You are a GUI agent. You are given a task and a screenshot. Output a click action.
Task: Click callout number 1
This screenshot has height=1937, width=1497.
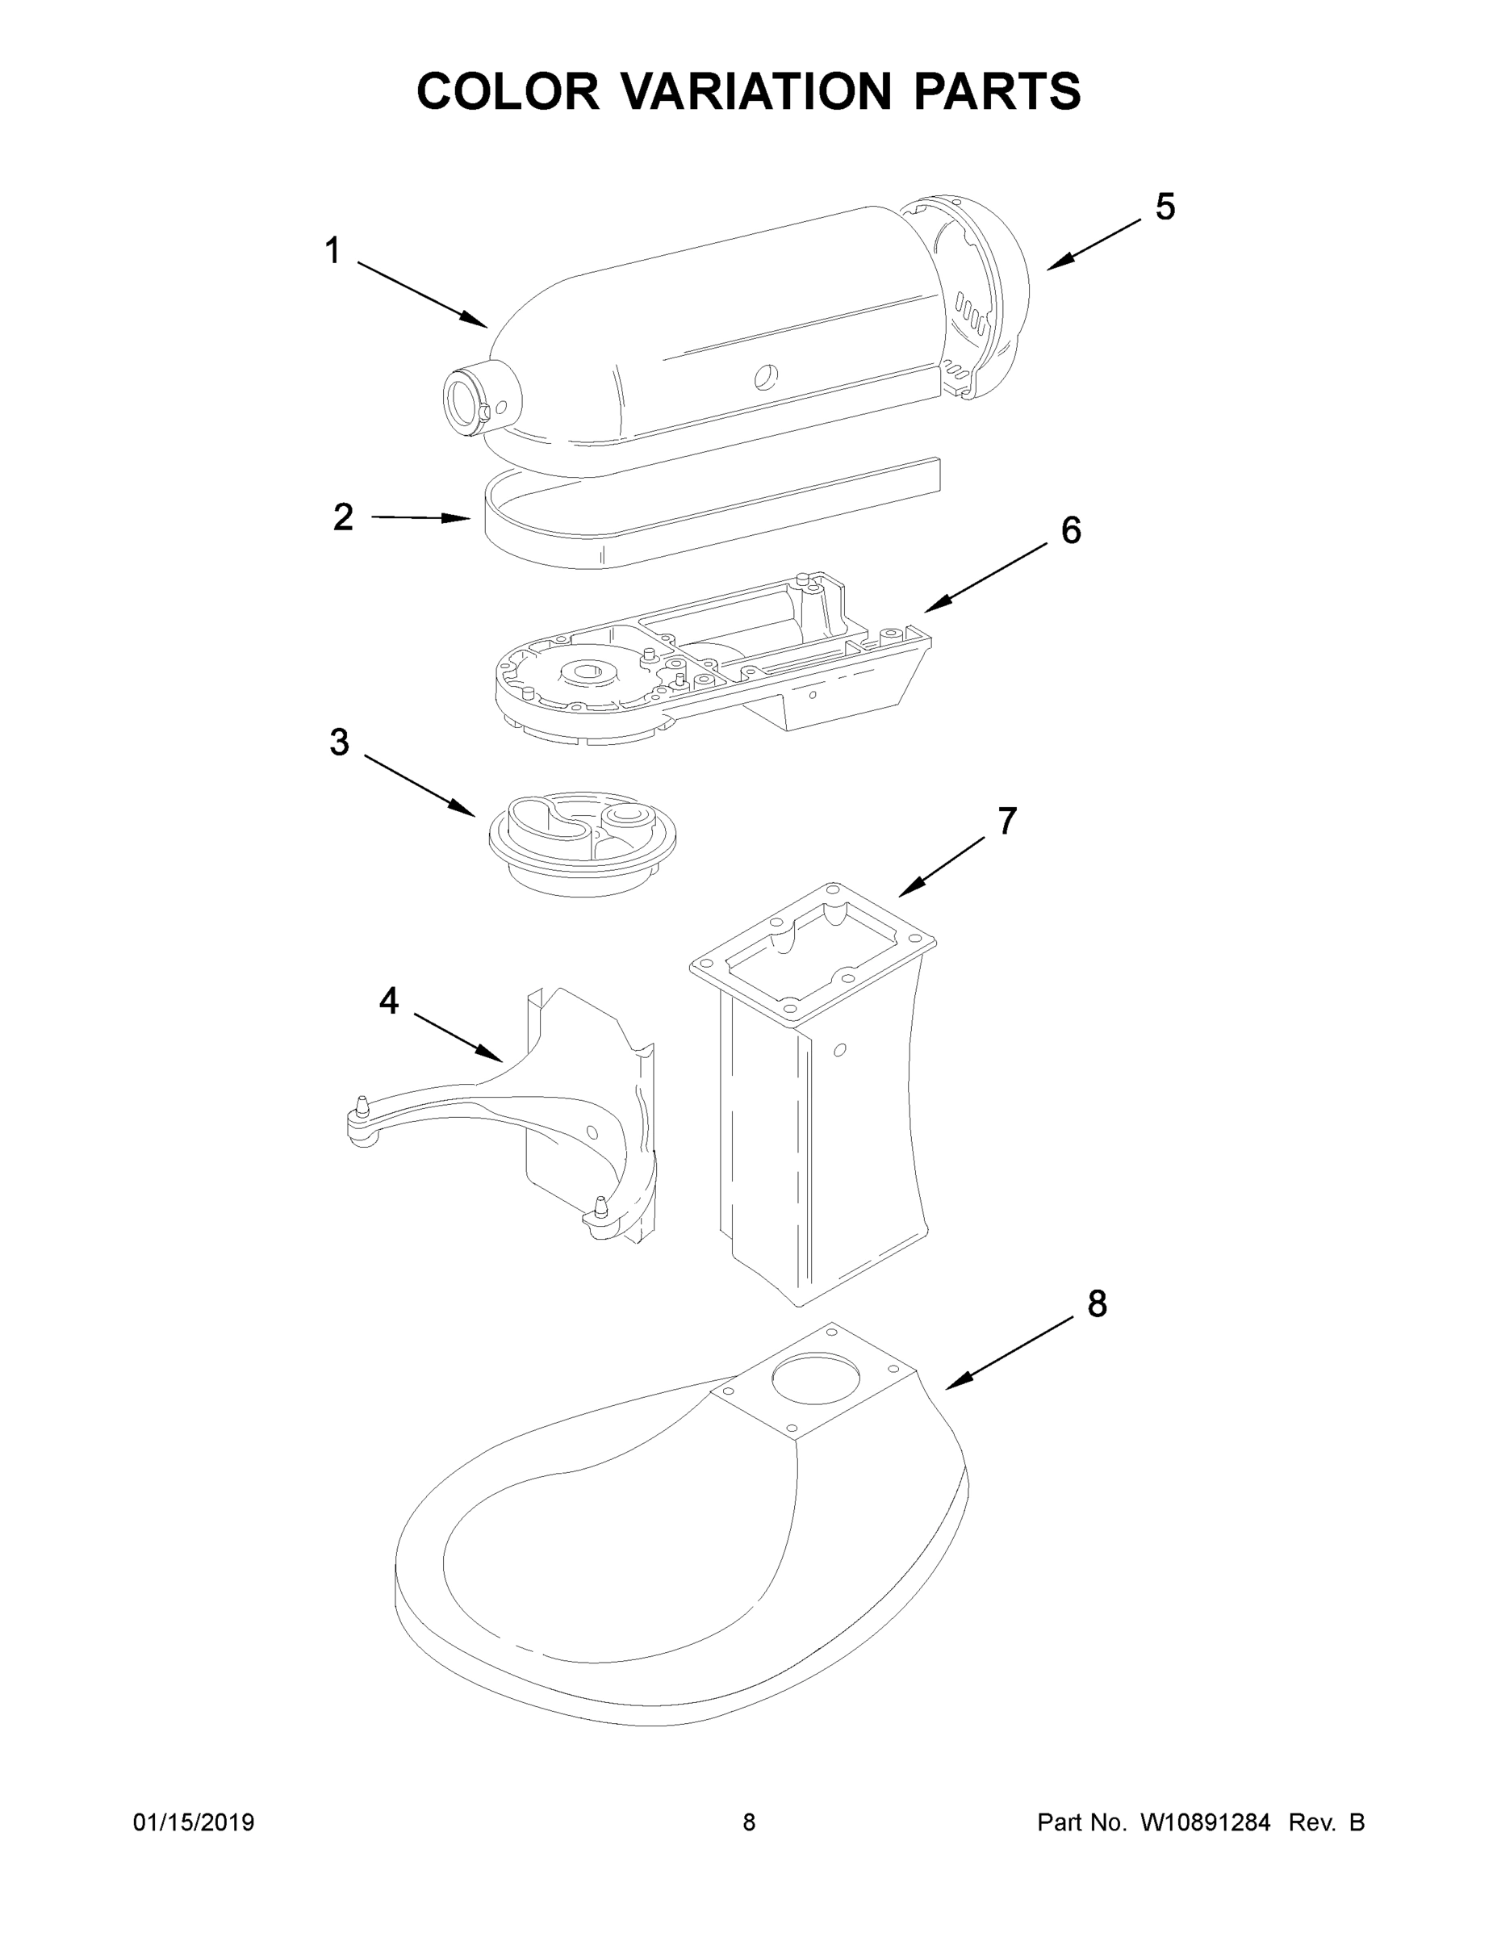click(332, 251)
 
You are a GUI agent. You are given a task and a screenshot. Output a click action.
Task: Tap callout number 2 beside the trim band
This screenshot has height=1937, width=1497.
click(343, 517)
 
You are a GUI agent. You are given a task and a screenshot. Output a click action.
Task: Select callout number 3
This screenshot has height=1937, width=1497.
click(340, 743)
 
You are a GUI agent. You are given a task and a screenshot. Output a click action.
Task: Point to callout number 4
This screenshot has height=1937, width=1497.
click(388, 1002)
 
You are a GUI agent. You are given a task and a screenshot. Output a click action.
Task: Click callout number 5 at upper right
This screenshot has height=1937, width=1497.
click(1165, 207)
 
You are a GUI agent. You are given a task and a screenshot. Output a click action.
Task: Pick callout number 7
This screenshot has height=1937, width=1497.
click(1006, 822)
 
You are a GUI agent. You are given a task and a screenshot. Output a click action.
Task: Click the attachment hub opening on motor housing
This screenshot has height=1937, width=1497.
click(462, 404)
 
